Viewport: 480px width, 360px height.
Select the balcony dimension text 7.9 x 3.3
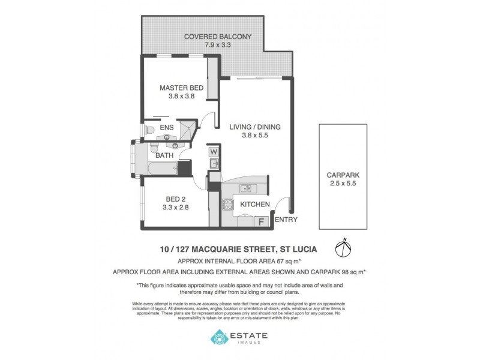218,45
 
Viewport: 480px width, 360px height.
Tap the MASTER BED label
181,88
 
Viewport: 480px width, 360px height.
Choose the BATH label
165,155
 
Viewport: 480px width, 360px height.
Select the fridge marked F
262,221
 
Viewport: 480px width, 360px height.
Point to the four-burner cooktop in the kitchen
228,205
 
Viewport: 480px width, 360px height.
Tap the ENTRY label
285,220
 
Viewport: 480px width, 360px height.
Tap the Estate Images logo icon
218,339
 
